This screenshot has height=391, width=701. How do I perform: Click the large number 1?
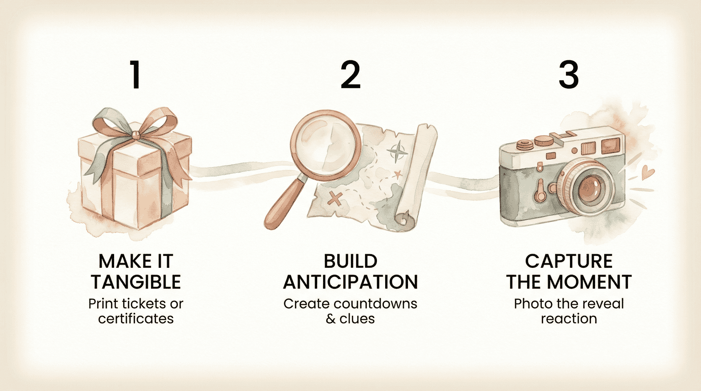pos(135,75)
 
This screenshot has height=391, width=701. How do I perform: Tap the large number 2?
pos(350,75)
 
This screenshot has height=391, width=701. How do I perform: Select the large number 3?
pos(569,75)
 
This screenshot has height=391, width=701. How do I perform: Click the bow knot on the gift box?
pos(136,134)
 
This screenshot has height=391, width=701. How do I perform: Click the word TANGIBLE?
pos(136,282)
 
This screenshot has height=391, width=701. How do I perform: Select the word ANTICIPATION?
pos(350,282)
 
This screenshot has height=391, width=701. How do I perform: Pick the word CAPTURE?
pos(569,261)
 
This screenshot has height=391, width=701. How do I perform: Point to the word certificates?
pos(136,318)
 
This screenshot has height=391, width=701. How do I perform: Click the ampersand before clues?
pos(331,318)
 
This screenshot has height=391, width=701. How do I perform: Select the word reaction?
pos(569,318)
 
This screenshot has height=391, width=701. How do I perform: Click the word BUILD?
pos(350,261)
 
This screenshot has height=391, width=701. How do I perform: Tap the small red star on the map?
pos(398,174)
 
